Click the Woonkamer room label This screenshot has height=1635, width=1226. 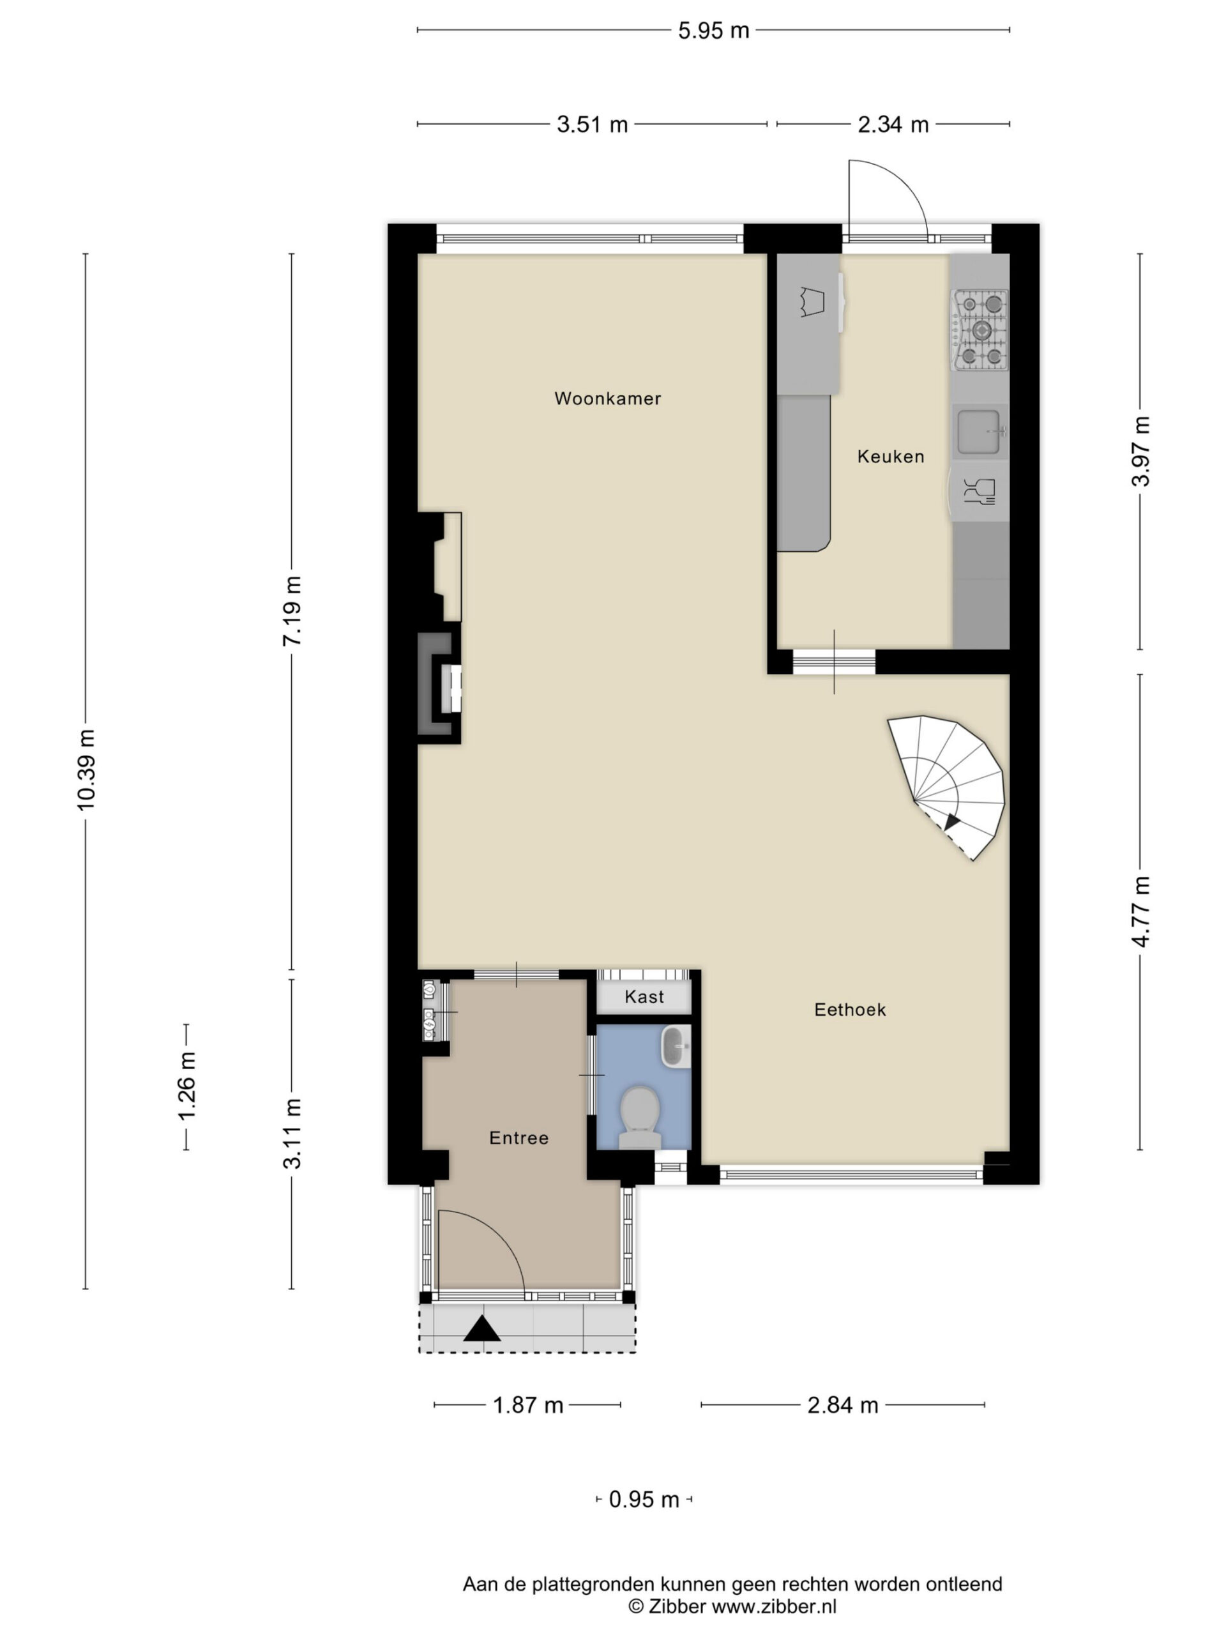coord(607,399)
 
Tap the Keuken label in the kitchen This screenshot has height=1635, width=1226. coord(891,457)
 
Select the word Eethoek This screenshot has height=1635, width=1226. coord(850,1010)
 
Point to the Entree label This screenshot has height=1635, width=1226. coord(518,1137)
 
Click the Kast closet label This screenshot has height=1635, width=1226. coord(644,997)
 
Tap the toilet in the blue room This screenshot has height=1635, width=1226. coord(640,1117)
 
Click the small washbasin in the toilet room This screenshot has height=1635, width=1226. coord(676,1046)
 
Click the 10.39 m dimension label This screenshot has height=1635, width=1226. coord(86,770)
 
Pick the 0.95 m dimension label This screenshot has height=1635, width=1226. coord(644,1499)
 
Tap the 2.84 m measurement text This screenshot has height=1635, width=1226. coord(842,1404)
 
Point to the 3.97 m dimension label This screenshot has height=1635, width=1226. coord(1141,452)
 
